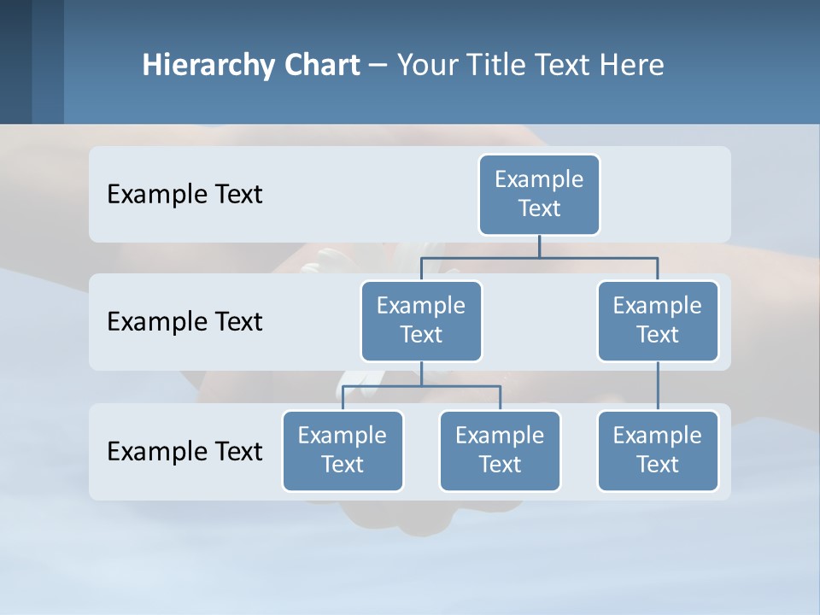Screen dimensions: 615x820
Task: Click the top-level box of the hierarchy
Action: pyautogui.click(x=539, y=195)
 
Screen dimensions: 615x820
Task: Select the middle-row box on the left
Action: pyautogui.click(x=421, y=321)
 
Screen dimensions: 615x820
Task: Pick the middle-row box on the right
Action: pyautogui.click(x=657, y=321)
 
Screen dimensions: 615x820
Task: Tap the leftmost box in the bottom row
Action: pyautogui.click(x=343, y=451)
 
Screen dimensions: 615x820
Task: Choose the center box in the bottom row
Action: pyautogui.click(x=500, y=451)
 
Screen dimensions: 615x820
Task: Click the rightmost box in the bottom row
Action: pyautogui.click(x=657, y=451)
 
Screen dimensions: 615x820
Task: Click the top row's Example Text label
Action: pyautogui.click(x=184, y=195)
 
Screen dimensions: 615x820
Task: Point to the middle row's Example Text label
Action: pyautogui.click(x=184, y=322)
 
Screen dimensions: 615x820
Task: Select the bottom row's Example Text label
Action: pyautogui.click(x=184, y=451)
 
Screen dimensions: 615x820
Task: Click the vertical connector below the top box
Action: pyautogui.click(x=539, y=246)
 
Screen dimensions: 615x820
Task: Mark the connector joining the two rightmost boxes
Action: pyautogui.click(x=657, y=386)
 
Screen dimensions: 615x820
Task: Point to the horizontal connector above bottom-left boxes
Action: pyautogui.click(x=421, y=386)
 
